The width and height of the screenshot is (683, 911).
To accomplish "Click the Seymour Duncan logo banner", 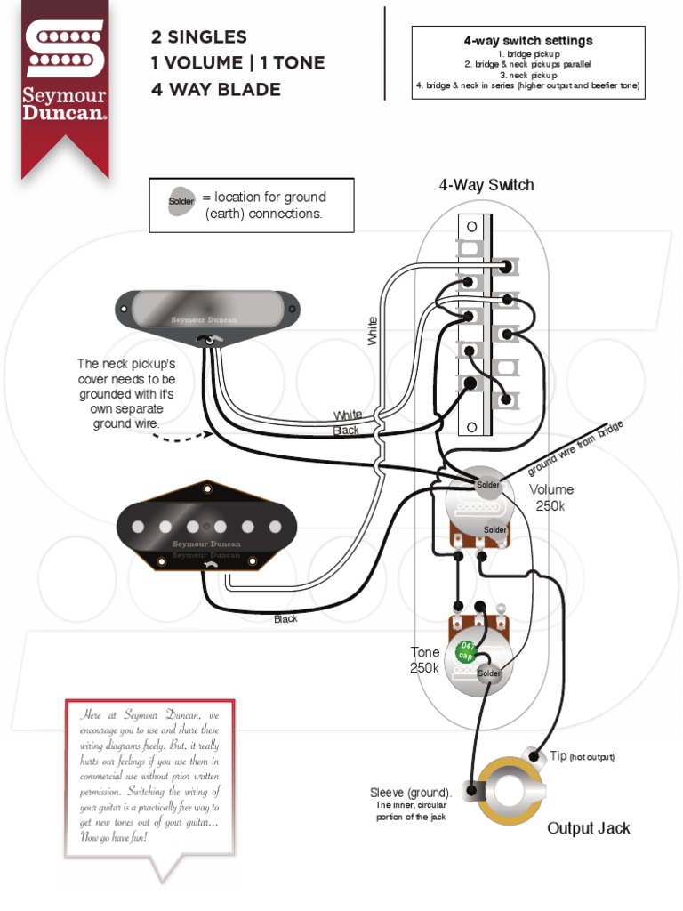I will pos(65,80).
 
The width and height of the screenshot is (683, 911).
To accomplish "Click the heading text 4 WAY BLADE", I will pos(217,90).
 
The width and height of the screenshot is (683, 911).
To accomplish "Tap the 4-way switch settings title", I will pos(528,41).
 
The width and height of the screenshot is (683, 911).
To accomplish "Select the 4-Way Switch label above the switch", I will pos(486,185).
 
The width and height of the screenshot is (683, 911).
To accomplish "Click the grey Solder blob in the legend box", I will pos(181,201).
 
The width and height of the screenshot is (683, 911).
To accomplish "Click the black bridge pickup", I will pos(205,528).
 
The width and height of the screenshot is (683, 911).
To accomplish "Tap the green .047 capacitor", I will pos(464,651).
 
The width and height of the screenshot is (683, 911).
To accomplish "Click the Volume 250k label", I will pos(551,497).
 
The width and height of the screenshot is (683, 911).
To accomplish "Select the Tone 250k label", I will pos(424,660).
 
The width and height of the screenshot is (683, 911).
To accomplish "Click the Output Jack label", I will pos(588,828).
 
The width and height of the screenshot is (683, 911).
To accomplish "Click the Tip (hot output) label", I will pos(582,756).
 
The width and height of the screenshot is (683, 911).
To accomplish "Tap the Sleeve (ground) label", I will pos(410,793).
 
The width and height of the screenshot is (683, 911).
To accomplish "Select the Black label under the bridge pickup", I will pos(285,619).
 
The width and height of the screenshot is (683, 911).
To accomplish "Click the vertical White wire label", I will pos(372,331).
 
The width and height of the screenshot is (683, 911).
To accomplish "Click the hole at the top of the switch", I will pos(472,226).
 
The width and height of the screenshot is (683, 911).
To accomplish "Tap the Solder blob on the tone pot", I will pos(490,673).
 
